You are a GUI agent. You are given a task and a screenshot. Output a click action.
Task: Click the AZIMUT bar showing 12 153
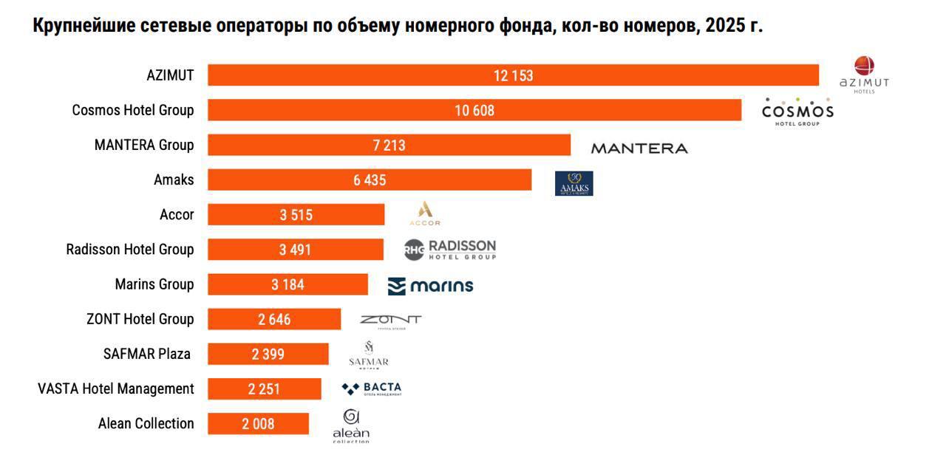[513, 75]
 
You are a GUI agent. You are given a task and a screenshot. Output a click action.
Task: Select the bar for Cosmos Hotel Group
[474, 110]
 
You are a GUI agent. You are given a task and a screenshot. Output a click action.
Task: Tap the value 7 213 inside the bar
[389, 146]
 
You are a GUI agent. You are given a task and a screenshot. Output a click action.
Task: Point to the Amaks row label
[174, 179]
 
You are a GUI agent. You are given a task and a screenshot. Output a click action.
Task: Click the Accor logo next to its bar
[424, 213]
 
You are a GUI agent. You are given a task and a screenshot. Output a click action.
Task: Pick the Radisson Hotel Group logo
[450, 250]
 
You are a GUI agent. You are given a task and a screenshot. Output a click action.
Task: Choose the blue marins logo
[430, 286]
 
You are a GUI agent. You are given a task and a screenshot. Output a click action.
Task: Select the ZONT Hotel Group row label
[140, 319]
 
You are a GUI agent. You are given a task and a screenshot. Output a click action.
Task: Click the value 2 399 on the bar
[268, 355]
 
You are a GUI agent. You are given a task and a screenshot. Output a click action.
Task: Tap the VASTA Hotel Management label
[116, 388]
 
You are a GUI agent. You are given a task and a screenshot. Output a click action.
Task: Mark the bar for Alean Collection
[258, 424]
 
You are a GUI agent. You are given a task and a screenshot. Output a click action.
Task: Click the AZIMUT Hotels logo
[864, 75]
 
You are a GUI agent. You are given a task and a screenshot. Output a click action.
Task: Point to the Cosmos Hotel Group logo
[797, 112]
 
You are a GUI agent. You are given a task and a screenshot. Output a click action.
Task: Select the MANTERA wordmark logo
[639, 148]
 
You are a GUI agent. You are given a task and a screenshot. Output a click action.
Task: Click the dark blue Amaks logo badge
[574, 183]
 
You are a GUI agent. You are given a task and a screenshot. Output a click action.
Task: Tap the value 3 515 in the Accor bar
[296, 215]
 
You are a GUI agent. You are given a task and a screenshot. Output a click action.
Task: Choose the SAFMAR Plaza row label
[147, 354]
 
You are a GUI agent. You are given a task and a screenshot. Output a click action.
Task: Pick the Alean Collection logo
[351, 427]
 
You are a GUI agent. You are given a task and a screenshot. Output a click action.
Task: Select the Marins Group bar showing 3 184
[287, 284]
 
